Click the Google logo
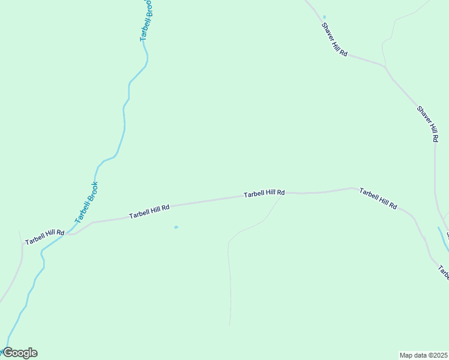[x=20, y=353]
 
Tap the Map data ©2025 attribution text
[x=424, y=355]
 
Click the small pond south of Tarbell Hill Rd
[x=176, y=227]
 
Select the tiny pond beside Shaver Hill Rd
[x=325, y=17]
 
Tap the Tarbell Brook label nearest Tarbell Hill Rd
[x=86, y=203]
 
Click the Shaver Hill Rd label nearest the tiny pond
[x=334, y=40]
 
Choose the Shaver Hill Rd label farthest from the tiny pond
[x=427, y=124]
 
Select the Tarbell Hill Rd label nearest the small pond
[x=149, y=211]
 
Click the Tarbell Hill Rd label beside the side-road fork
[x=264, y=194]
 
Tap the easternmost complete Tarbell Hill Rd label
[x=378, y=198]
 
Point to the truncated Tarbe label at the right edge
[x=444, y=273]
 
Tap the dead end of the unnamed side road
[x=231, y=325]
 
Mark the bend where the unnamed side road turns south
[x=229, y=242]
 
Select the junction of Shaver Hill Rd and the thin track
[x=385, y=65]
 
